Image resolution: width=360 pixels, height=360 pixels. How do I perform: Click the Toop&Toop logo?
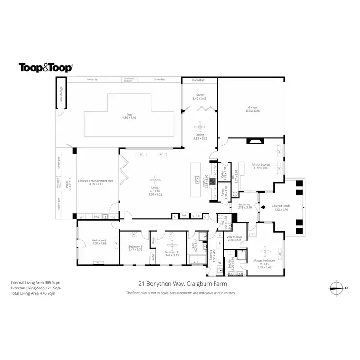pos(46,68)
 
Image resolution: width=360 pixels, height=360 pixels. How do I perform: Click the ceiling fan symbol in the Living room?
pos(155,176)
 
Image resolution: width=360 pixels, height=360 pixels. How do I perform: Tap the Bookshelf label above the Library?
pos(198,79)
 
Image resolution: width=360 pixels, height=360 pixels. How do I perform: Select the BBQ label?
pos(96,216)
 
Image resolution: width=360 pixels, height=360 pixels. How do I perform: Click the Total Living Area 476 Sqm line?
pos(33,293)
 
